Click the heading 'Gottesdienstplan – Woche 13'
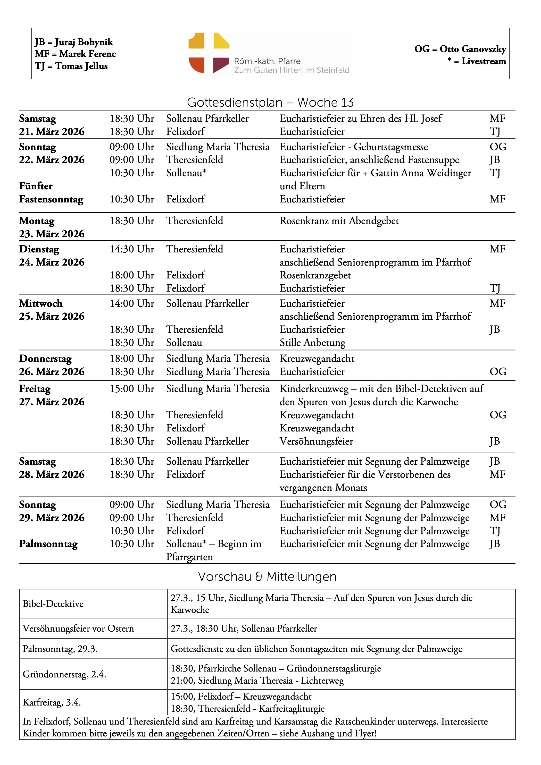270,102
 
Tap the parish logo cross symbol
209,53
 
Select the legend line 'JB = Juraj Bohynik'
74,42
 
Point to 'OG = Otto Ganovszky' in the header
460,49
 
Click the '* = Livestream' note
477,61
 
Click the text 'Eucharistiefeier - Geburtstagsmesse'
354,147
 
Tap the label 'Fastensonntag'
51,199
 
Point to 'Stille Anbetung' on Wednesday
312,343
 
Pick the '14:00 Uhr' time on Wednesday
132,303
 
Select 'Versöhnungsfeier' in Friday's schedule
316,441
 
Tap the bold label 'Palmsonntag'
48,544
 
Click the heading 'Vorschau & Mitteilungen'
267,576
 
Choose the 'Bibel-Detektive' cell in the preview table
53,604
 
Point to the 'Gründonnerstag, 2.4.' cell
64,674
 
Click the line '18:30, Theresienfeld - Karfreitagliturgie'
248,708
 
